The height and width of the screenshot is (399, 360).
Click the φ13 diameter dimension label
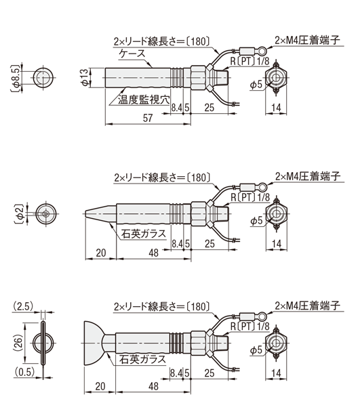(x=85, y=77)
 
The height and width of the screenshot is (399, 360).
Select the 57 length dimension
(x=148, y=119)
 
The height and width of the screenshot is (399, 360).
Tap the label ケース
(x=132, y=54)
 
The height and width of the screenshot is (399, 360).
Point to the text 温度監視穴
(x=144, y=100)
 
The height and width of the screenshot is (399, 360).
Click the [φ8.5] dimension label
(x=16, y=78)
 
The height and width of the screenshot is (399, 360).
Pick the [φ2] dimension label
(x=19, y=214)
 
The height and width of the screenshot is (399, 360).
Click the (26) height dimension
(x=18, y=343)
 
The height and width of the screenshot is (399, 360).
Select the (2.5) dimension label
(x=22, y=306)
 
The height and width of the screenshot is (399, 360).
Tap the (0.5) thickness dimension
(x=24, y=372)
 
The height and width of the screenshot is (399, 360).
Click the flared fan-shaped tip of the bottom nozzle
(x=94, y=343)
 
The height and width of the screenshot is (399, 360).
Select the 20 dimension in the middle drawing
(x=101, y=253)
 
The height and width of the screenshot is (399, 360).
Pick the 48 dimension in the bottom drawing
(x=153, y=386)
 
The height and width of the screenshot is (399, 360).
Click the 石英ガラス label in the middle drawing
(x=143, y=234)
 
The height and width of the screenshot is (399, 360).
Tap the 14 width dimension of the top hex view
(x=276, y=108)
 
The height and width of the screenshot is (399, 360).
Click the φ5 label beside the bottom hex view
(x=256, y=350)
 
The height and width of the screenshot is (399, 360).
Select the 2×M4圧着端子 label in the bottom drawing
(x=308, y=306)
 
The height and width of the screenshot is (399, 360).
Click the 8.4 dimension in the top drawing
(x=177, y=108)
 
